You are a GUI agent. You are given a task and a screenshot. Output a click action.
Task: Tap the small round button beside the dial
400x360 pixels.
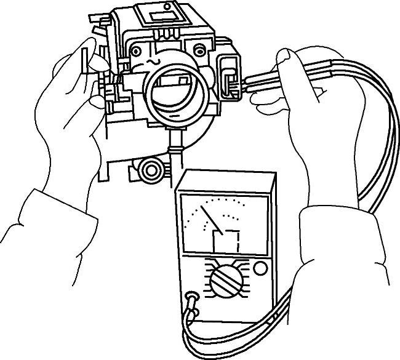tap(260, 268)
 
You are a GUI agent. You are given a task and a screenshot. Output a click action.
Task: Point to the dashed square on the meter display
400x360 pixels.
tap(226, 240)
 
